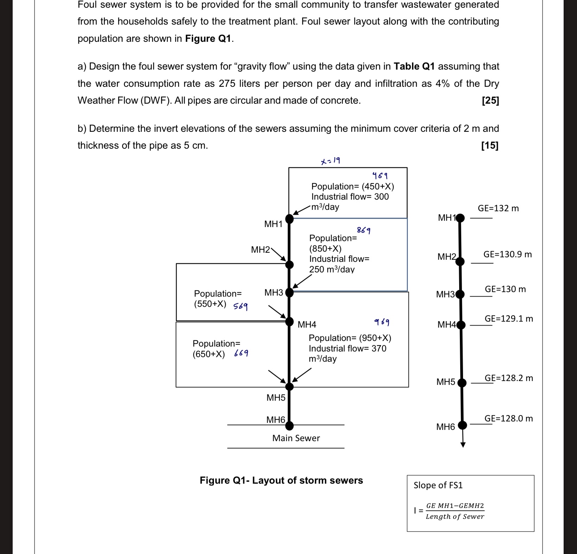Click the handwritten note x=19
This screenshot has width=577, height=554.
[x=330, y=161]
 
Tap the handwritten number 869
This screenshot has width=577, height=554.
[x=364, y=231]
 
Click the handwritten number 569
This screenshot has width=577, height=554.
[x=241, y=307]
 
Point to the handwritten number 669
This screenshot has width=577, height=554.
[x=241, y=353]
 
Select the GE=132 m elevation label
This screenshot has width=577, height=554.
[x=498, y=208]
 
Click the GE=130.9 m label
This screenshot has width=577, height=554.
[x=507, y=254]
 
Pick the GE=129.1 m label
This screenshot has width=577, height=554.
[x=509, y=318]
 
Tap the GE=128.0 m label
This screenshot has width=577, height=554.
[x=508, y=418]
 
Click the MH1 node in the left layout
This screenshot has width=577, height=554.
[x=289, y=219]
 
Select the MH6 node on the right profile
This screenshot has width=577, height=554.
[x=462, y=425]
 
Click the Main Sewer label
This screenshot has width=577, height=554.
[x=296, y=438]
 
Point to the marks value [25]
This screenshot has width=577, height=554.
[x=490, y=101]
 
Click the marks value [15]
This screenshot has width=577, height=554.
[x=490, y=146]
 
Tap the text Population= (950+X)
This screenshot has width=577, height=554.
[x=350, y=338]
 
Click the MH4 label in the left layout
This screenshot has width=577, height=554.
[x=307, y=324]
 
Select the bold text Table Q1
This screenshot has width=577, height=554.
[x=414, y=66]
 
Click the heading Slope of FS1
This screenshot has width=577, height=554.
[x=438, y=485]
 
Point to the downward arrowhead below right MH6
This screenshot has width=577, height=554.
[x=463, y=445]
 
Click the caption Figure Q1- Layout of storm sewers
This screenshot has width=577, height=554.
[x=281, y=480]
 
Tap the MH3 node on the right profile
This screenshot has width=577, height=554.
[x=460, y=294]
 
